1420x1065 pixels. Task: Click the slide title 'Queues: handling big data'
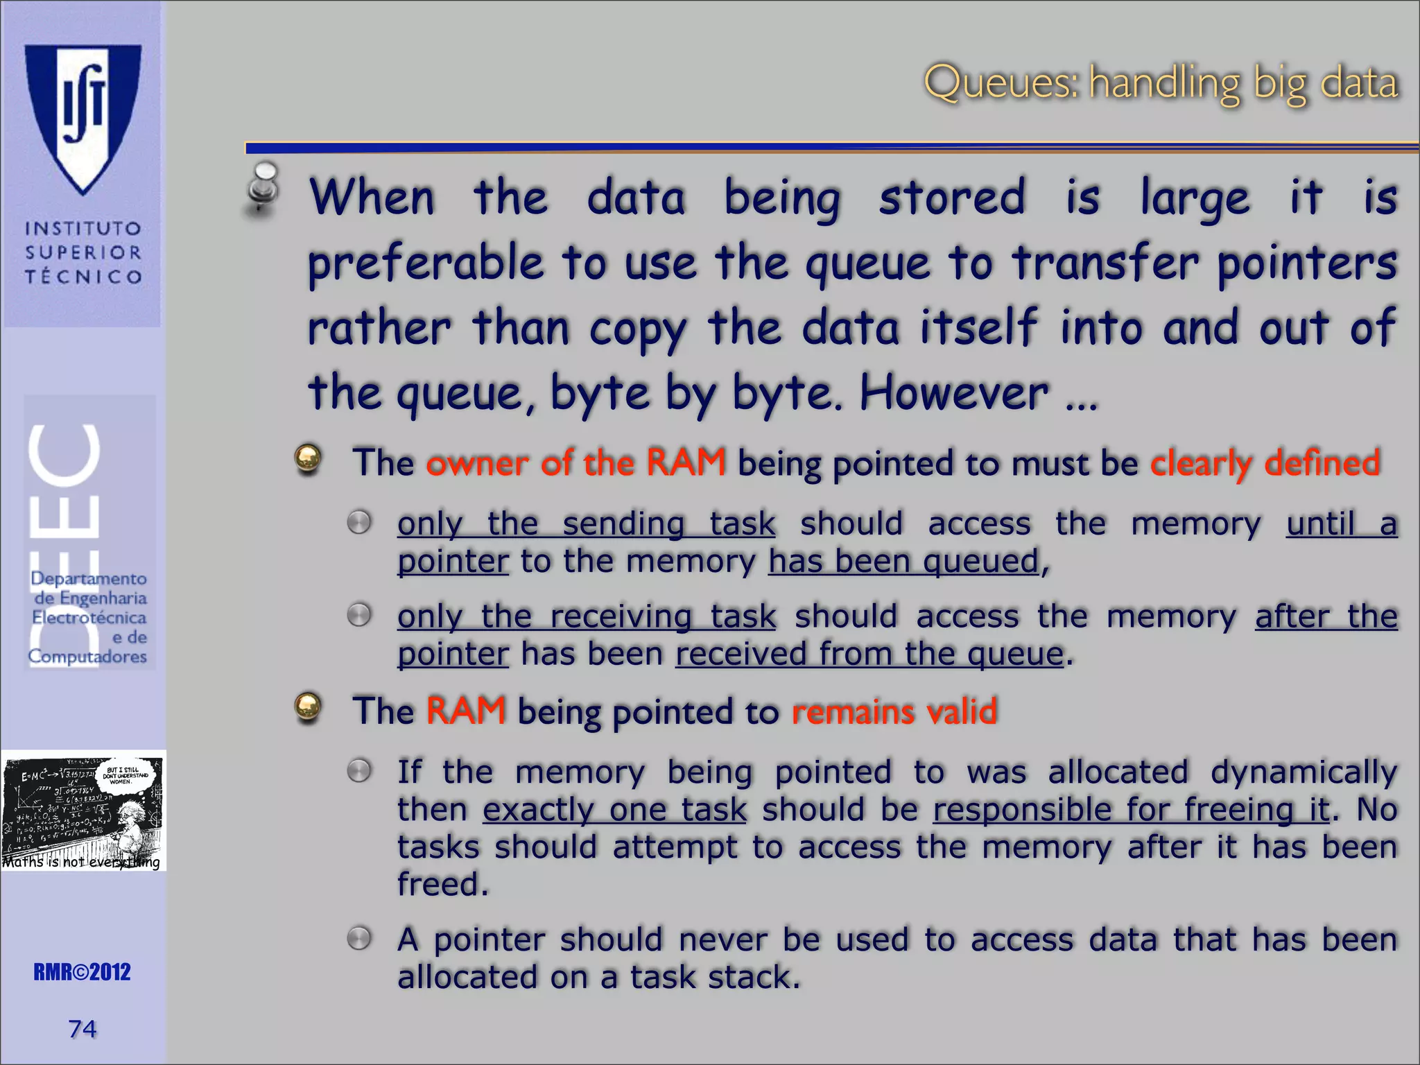[x=1161, y=83]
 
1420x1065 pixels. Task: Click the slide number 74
[x=83, y=1029]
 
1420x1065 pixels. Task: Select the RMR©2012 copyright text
[x=82, y=972]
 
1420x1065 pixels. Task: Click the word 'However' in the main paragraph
[x=954, y=393]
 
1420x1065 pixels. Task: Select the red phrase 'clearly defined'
[x=1265, y=462]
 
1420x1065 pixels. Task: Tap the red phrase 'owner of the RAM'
[x=575, y=462]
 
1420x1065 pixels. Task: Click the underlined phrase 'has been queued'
[x=903, y=561]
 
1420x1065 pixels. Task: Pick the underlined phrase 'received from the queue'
[x=869, y=654]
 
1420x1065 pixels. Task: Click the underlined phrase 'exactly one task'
[x=614, y=810]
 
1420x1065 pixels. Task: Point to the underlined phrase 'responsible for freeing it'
[x=1131, y=810]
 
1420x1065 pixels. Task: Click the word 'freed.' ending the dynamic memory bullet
[x=443, y=884]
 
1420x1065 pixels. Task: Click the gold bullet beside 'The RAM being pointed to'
[x=308, y=707]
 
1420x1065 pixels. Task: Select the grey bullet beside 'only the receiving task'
[x=359, y=615]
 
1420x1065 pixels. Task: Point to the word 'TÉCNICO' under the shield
[x=83, y=277]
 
